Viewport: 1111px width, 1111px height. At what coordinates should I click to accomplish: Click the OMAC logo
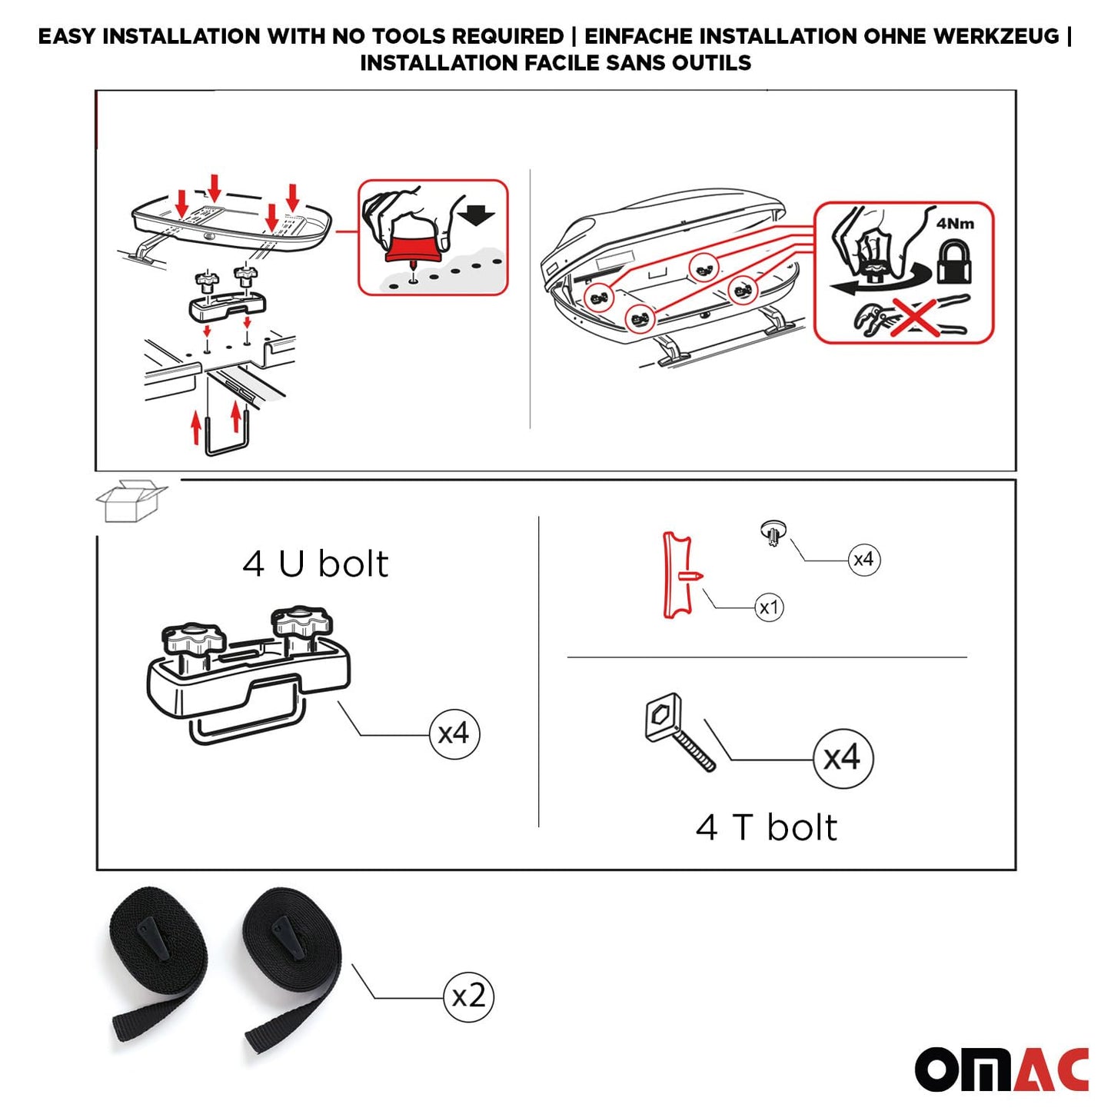1001,1069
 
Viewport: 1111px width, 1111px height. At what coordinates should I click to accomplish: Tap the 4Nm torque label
954,224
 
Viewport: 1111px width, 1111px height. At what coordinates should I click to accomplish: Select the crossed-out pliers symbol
912,317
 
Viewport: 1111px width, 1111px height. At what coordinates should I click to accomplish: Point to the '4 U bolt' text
315,564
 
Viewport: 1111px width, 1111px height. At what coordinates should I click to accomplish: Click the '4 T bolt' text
766,828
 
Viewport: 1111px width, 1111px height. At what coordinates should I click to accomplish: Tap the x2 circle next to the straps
468,997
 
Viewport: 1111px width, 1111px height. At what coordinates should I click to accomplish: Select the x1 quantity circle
769,607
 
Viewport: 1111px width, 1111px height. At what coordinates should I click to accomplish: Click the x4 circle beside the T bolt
843,758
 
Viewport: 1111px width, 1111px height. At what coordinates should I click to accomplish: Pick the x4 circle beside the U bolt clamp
454,733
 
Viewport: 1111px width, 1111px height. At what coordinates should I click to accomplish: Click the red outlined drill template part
678,575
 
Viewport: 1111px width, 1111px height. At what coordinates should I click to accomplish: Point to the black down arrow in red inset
477,214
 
